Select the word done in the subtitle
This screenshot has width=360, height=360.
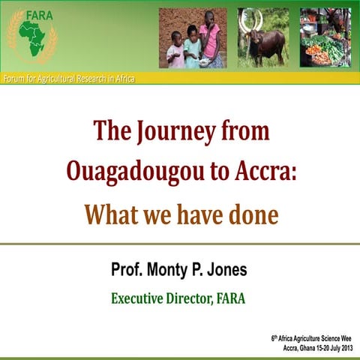click(x=250, y=215)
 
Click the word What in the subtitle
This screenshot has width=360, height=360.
click(x=109, y=215)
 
